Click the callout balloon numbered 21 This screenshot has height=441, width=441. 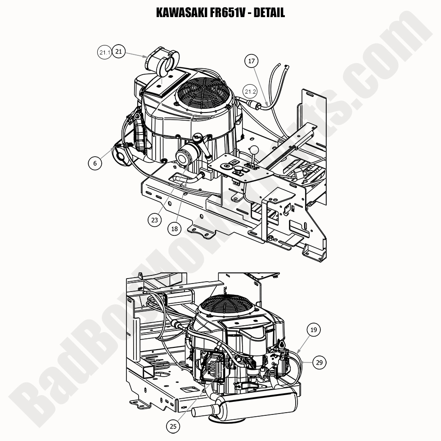[118, 52]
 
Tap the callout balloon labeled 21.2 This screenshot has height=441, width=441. [250, 92]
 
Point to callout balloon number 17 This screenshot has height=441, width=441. [252, 61]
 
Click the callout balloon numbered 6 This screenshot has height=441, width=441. [95, 163]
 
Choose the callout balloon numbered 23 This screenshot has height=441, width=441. [155, 220]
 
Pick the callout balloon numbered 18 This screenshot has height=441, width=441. [175, 229]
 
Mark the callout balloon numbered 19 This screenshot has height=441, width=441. [314, 330]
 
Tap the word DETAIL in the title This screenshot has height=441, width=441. [269, 13]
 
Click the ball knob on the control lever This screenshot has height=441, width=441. [254, 149]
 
